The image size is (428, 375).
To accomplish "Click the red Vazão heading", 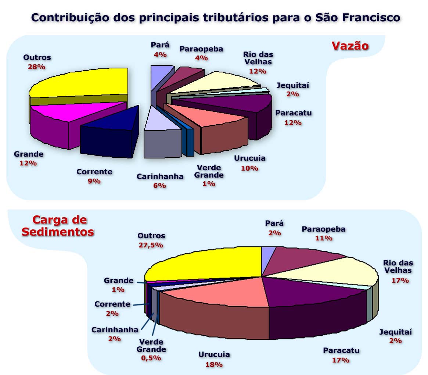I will coord(350,46).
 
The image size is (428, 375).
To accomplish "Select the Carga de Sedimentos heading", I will coord(58,226).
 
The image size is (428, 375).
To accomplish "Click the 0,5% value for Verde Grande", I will coord(151,358).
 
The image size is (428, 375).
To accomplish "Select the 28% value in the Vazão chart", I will coord(36,67).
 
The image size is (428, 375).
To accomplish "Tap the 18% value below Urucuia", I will coord(214,364).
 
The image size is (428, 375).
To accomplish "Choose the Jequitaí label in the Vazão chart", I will coord(293,85).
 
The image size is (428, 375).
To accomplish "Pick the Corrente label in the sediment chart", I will coord(112,304).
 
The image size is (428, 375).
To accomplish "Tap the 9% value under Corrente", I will coord(94,181).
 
